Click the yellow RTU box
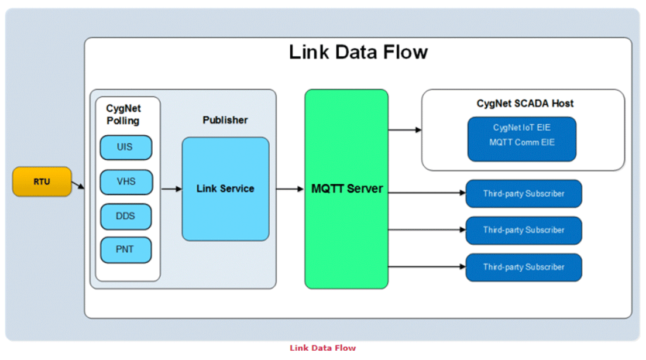(42, 181)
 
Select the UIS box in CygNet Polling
(126, 148)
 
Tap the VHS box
(126, 182)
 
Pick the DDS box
(126, 216)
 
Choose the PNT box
(126, 250)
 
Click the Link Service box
(225, 189)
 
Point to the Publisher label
(225, 120)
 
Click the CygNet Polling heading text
(123, 115)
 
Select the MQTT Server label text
(347, 189)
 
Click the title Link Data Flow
(358, 52)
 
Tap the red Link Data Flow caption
(322, 348)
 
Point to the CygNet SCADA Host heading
(525, 104)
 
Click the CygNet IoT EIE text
(522, 128)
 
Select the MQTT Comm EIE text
(522, 142)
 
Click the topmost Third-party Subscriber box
(524, 194)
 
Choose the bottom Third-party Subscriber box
(524, 267)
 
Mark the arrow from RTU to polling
(78, 185)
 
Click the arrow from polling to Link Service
(171, 189)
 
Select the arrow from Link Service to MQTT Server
(290, 189)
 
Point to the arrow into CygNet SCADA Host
(405, 130)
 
